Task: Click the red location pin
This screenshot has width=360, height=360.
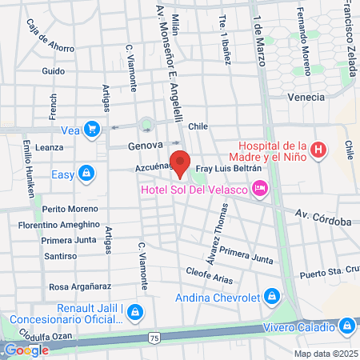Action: pyautogui.click(x=181, y=162)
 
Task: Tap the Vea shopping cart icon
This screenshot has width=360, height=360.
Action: pyautogui.click(x=93, y=128)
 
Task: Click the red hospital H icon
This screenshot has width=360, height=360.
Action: pyautogui.click(x=318, y=150)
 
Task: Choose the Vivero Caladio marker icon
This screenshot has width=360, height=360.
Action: pyautogui.click(x=346, y=326)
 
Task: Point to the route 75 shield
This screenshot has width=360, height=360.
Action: pyautogui.click(x=154, y=339)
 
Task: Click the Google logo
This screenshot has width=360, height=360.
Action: pyautogui.click(x=26, y=350)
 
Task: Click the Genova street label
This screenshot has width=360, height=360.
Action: pyautogui.click(x=144, y=146)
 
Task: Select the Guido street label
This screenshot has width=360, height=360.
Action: pyautogui.click(x=53, y=71)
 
